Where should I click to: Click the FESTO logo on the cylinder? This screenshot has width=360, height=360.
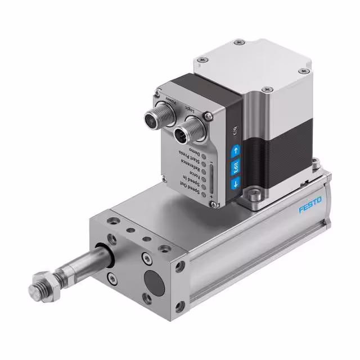click(x=310, y=205)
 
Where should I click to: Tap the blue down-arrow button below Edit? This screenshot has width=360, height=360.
click(x=235, y=182)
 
